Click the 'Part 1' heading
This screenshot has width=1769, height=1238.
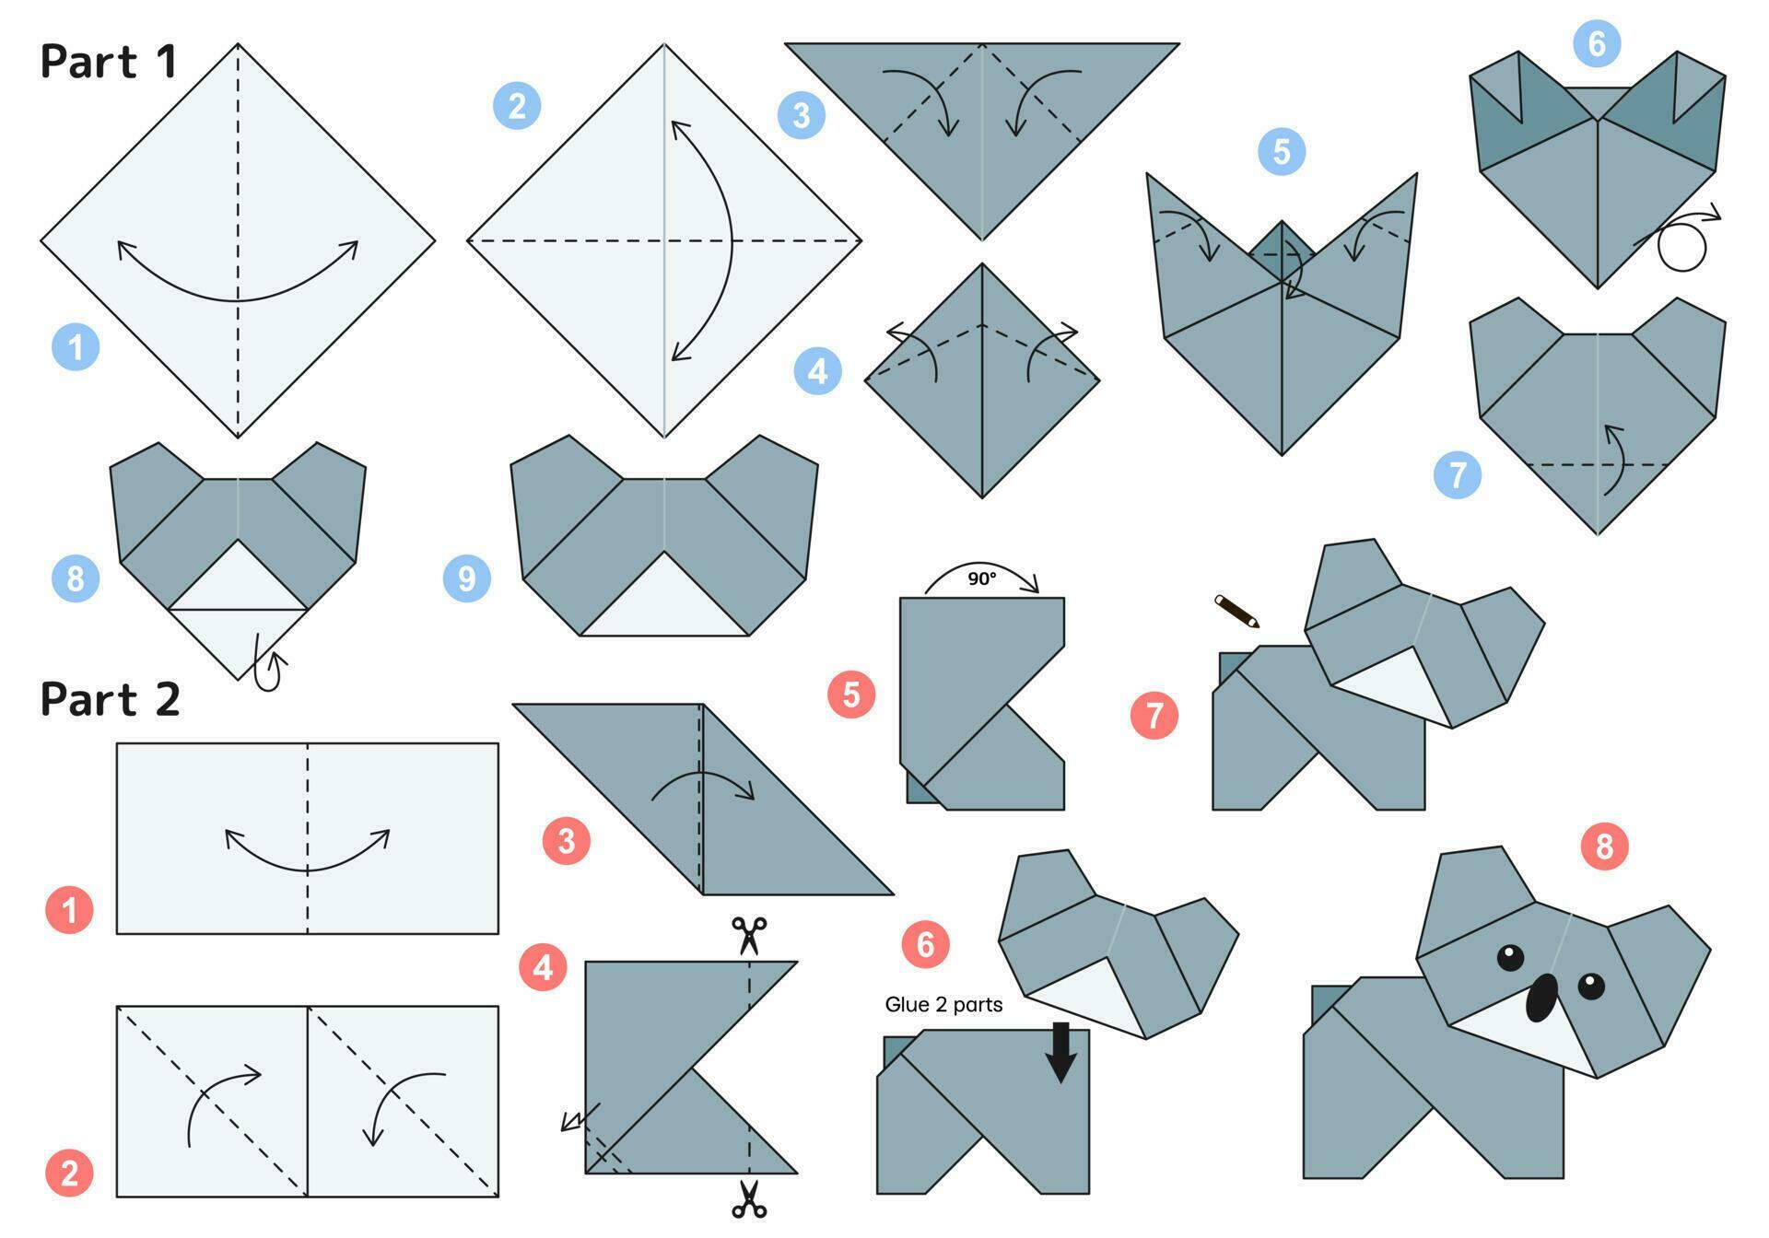point(108,62)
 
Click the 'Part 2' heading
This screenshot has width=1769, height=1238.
point(110,699)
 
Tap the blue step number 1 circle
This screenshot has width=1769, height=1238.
point(76,347)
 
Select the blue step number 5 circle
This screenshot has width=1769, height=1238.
point(1282,151)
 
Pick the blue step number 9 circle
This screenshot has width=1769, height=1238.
point(467,578)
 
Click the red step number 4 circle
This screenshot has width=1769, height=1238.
point(543,967)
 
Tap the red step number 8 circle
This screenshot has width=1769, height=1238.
point(1605,846)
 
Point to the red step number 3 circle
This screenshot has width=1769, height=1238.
point(566,840)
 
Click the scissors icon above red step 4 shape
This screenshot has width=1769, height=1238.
point(749,935)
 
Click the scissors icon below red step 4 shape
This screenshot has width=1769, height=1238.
point(749,1199)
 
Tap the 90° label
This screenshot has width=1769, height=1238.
point(981,578)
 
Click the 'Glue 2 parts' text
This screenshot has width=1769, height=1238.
point(943,1005)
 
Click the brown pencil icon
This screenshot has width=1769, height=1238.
point(1236,611)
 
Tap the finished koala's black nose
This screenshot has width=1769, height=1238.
point(1541,999)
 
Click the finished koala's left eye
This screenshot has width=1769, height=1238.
point(1510,958)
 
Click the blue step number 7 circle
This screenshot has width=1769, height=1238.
point(1458,475)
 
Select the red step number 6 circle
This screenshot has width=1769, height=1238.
point(925,944)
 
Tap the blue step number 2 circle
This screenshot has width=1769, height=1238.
point(517,106)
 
